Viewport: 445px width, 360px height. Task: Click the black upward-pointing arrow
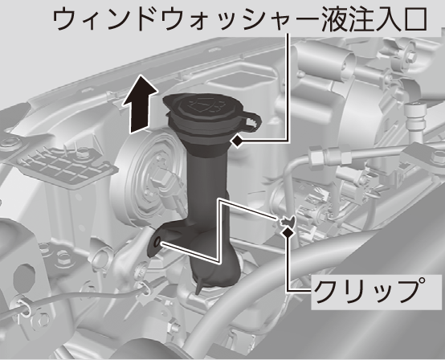coord(140,105)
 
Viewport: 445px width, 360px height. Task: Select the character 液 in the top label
coord(336,19)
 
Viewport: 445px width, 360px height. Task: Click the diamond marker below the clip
coord(288,231)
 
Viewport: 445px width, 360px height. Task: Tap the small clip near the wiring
coord(287,220)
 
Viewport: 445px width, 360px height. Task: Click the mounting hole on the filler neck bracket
coord(157,242)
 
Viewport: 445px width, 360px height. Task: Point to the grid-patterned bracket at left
coord(63,167)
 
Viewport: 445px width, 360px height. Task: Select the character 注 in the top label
coord(365,19)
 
